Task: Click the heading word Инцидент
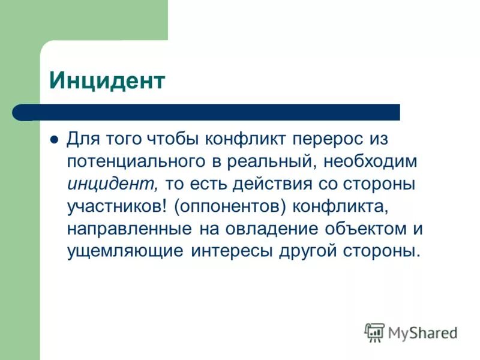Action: (x=107, y=81)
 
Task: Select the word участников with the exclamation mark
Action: (x=118, y=206)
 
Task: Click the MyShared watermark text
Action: (x=422, y=332)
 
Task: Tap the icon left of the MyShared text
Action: (x=374, y=332)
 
